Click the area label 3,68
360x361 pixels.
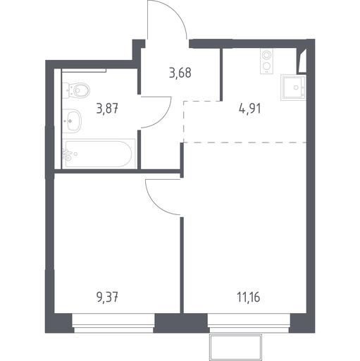[x=180, y=73]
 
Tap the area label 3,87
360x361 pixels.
[x=107, y=109]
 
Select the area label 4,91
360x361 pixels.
[x=249, y=109]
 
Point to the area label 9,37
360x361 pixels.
[x=107, y=298]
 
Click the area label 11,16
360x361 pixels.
[x=248, y=298]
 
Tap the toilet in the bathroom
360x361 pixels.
[x=77, y=90]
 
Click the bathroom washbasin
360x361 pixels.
[x=72, y=121]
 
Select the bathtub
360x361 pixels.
[x=99, y=154]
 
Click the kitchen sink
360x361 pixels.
[x=294, y=87]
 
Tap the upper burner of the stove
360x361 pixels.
[x=266, y=56]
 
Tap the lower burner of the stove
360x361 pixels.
[x=266, y=66]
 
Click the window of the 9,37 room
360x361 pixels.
[x=113, y=323]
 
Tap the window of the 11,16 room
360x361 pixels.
[x=249, y=323]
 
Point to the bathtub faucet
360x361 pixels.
[x=67, y=154]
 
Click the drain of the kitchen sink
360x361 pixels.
[x=296, y=87]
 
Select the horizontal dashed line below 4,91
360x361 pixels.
[x=245, y=142]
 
